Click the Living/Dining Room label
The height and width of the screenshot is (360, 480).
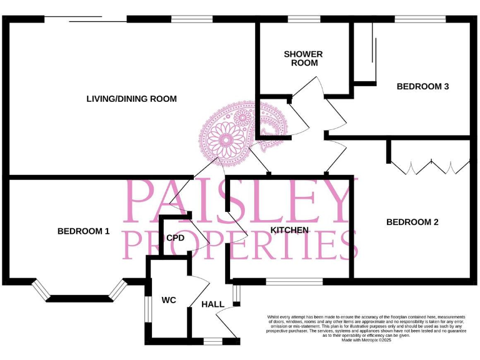pos(131,99)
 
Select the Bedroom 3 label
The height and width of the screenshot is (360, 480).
pos(422,87)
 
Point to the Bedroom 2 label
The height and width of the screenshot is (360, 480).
pos(412,222)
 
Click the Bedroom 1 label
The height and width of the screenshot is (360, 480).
pos(83,231)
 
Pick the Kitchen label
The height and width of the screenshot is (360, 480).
pos(289,230)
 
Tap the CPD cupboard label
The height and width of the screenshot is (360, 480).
pos(175,237)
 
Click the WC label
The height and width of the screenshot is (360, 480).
pos(169,301)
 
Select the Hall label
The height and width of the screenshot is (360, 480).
pos(212,304)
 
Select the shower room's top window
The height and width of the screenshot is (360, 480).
pos(304,19)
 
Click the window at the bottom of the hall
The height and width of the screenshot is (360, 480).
pos(213,341)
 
